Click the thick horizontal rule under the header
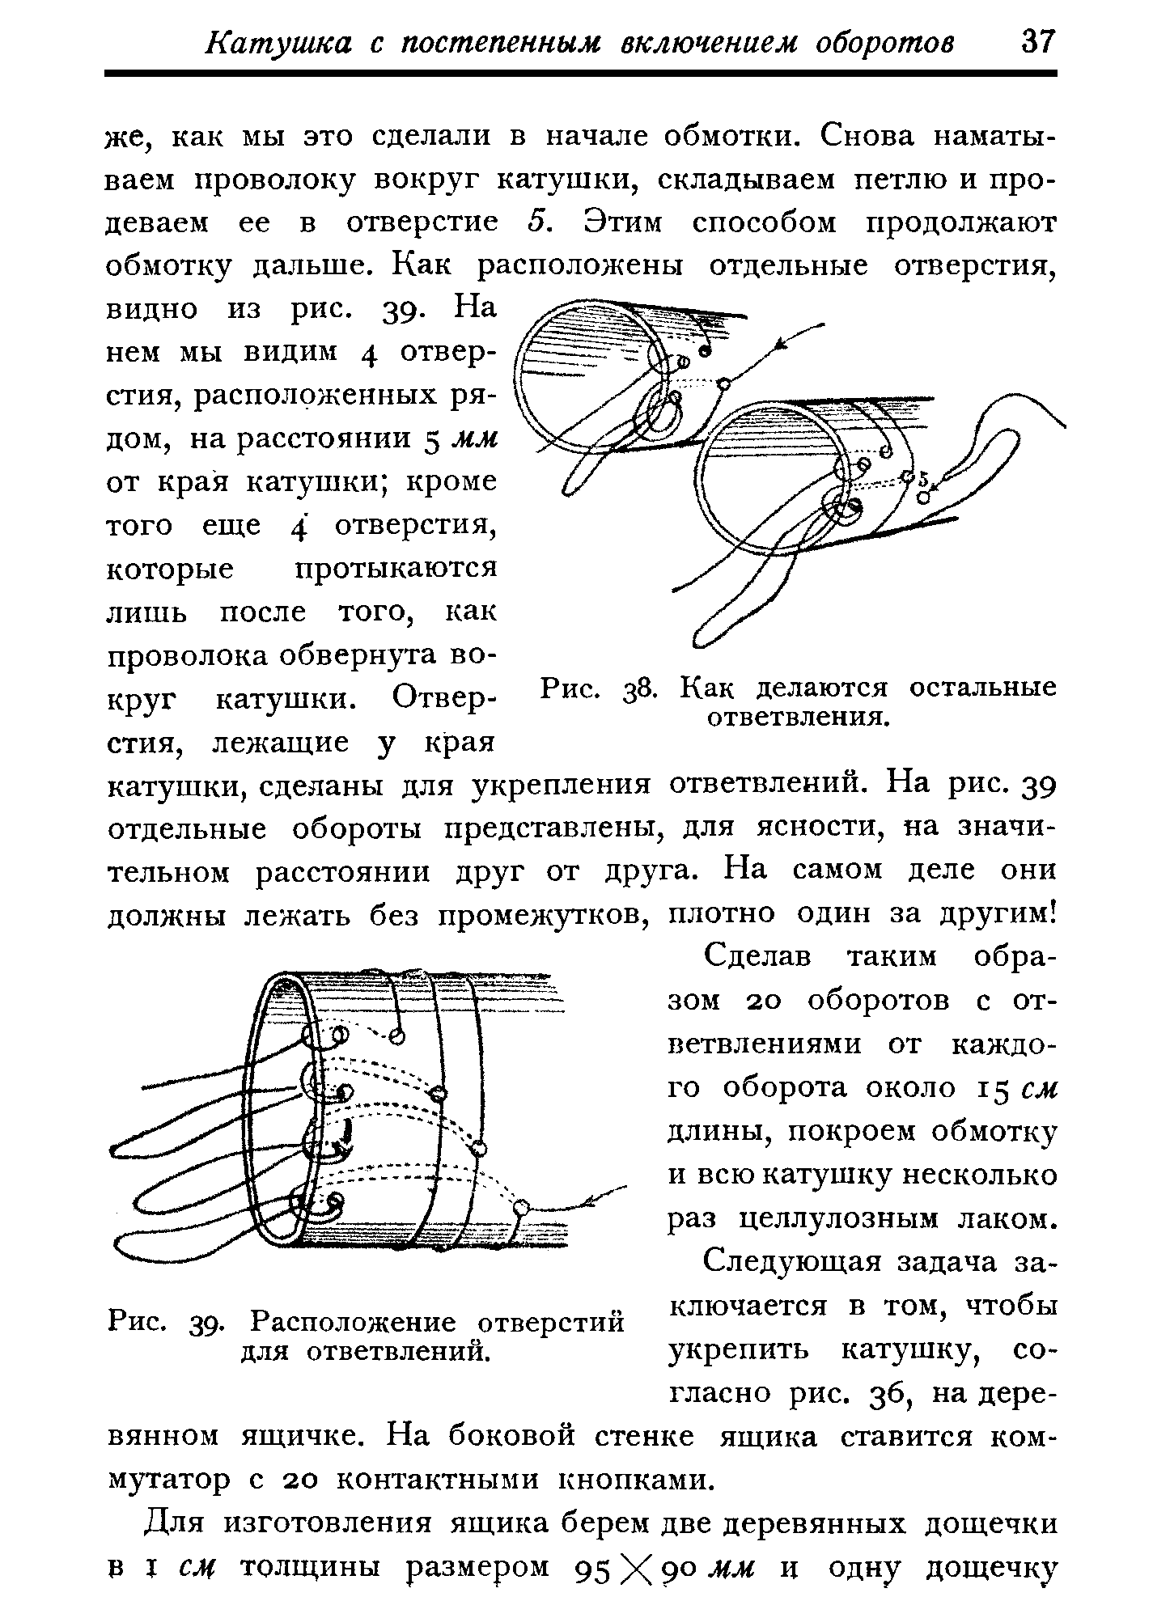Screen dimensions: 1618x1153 click(581, 74)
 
